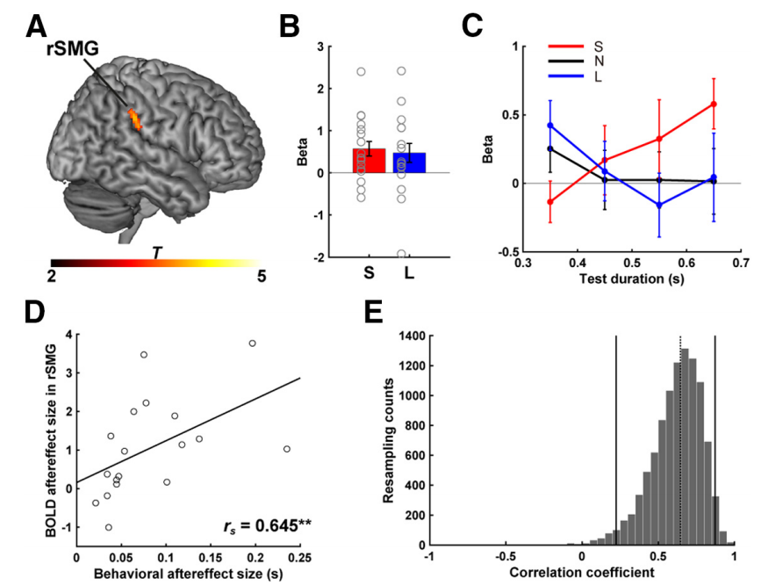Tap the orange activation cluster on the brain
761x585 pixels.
point(134,119)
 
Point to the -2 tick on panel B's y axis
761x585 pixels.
point(334,257)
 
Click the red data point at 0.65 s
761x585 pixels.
point(714,105)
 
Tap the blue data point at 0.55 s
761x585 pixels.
point(659,206)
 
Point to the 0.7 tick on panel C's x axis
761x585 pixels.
point(741,263)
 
